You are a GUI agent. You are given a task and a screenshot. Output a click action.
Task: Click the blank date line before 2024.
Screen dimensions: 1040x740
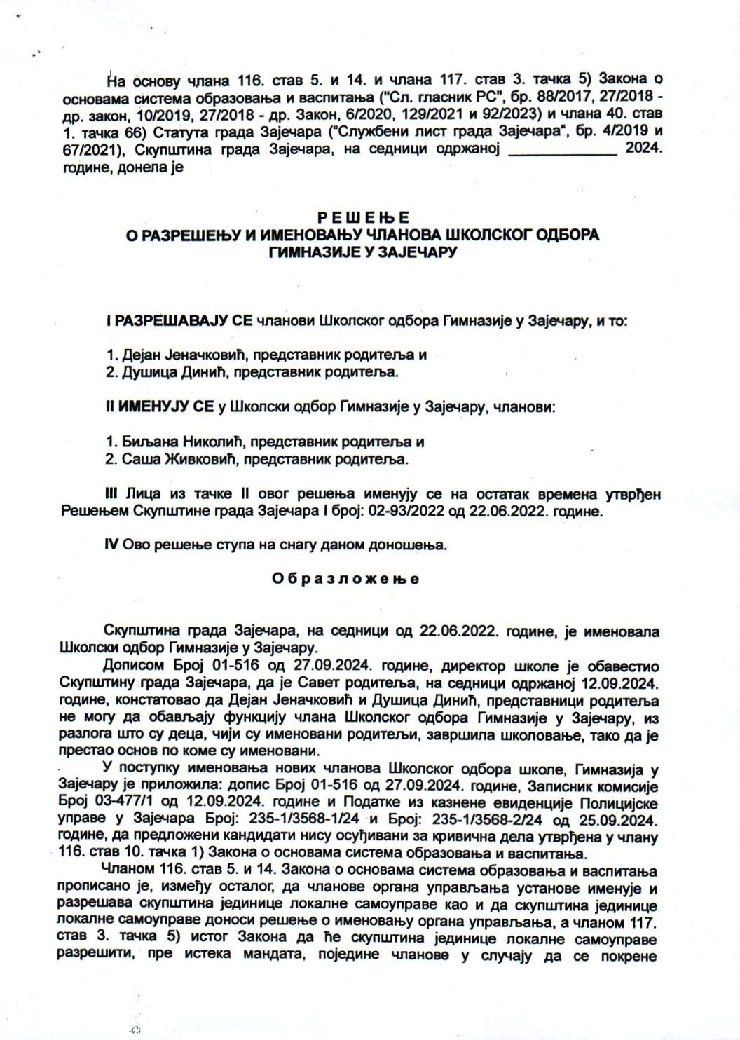(562, 149)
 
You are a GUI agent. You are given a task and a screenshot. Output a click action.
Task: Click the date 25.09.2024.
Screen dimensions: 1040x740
(621, 819)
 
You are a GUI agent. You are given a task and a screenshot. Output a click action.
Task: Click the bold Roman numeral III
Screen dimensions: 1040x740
(112, 494)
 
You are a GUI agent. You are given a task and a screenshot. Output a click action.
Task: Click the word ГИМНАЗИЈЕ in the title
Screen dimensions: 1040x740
(312, 252)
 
